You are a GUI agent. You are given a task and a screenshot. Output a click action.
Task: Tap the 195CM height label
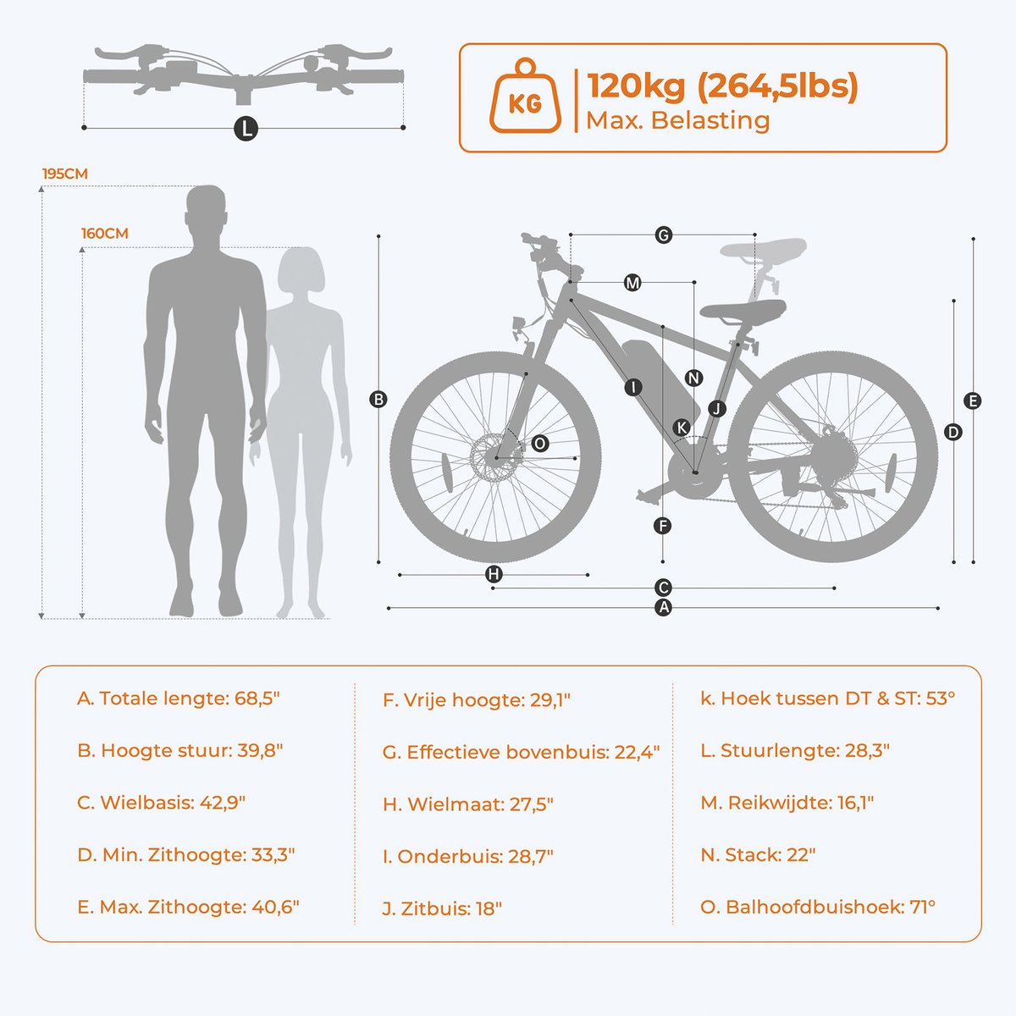65,174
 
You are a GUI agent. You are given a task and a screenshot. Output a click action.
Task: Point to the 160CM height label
105,234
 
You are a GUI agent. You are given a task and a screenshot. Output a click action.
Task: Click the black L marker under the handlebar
245,129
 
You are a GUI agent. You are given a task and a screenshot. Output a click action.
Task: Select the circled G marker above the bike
664,235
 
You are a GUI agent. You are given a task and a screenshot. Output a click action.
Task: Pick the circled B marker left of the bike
378,400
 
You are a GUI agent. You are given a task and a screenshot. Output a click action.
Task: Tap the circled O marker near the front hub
540,443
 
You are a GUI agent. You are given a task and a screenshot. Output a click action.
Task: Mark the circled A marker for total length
664,607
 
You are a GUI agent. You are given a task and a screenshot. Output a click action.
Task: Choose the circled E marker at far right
973,401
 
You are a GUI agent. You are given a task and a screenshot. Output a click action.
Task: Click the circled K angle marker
682,428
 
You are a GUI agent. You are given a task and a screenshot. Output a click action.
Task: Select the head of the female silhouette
300,271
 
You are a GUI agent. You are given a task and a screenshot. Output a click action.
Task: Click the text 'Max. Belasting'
677,120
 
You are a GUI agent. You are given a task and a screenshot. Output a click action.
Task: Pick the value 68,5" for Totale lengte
252,698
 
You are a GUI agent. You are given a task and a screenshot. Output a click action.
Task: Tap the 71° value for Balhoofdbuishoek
922,907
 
